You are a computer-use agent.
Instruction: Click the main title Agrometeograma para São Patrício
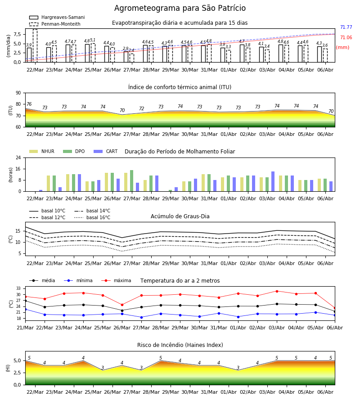click(x=180, y=8)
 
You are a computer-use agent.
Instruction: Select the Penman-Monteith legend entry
click(x=55, y=24)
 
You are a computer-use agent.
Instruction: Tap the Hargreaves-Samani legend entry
click(x=57, y=17)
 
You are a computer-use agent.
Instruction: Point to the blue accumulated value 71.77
click(x=346, y=27)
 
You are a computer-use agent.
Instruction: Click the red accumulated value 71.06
click(x=346, y=37)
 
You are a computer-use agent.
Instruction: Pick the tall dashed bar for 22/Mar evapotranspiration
click(x=35, y=46)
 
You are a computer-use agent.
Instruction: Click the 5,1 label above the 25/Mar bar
click(x=93, y=40)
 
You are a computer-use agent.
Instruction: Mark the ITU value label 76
click(x=29, y=104)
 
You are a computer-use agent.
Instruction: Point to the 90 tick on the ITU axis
click(x=18, y=93)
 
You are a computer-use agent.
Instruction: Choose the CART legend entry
click(x=106, y=151)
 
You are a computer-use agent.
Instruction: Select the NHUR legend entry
click(x=42, y=151)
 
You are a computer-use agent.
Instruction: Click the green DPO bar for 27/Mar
click(x=132, y=181)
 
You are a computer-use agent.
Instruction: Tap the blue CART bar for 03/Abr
click(x=273, y=181)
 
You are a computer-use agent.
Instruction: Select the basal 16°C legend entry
click(x=92, y=217)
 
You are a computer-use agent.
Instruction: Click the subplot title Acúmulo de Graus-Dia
click(x=180, y=216)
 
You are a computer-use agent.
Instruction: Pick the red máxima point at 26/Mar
click(x=122, y=305)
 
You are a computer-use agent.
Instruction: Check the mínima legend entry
click(x=78, y=280)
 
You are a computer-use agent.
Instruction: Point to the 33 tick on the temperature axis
click(x=18, y=288)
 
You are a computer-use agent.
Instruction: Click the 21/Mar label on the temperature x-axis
click(x=25, y=328)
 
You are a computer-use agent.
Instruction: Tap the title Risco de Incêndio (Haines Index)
click(x=180, y=345)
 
